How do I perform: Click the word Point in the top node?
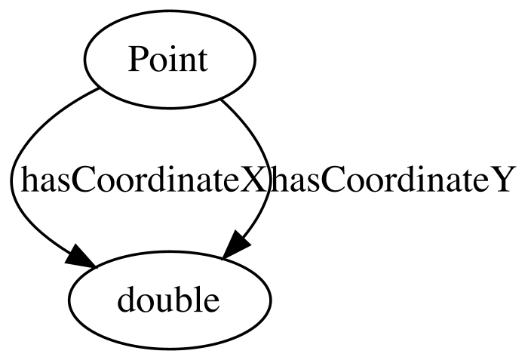167,60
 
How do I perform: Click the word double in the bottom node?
168,300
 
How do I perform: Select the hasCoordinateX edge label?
143,180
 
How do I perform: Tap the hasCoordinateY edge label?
391,180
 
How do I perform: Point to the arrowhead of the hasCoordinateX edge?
79,257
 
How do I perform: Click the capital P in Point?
137,60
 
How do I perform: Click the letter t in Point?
203,61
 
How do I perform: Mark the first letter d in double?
127,299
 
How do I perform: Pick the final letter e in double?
212,303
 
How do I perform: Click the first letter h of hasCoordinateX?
30,180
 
